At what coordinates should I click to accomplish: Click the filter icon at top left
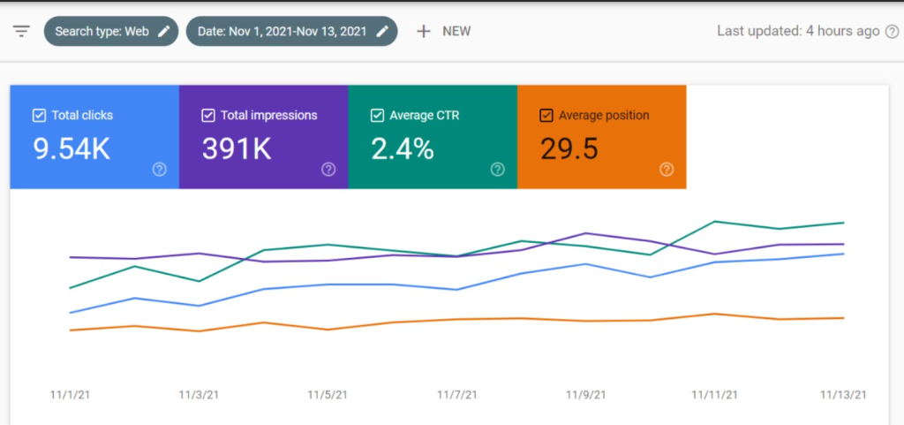coord(21,31)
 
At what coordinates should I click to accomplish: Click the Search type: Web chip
coord(109,31)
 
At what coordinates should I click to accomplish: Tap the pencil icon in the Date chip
coord(382,31)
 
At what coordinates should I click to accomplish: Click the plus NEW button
coord(443,31)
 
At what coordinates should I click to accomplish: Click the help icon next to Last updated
coord(893,32)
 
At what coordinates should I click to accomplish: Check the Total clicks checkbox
coord(39,115)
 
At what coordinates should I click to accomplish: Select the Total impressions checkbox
coord(208,115)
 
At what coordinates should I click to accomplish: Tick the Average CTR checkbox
coord(378,115)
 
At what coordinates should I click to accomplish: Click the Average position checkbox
coord(546,115)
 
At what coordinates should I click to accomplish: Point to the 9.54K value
coord(72,149)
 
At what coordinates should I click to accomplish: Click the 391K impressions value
coord(237,149)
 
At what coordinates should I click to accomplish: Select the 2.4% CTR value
coord(403,149)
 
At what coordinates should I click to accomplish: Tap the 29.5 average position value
coord(569,149)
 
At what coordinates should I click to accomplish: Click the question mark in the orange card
coord(667,170)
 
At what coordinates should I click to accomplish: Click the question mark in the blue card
coord(159,170)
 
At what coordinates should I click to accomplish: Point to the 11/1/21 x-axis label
coord(70,395)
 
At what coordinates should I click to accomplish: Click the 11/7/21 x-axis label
coord(456,395)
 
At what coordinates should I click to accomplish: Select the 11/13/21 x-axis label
coord(843,395)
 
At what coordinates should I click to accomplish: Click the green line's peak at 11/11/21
coord(714,221)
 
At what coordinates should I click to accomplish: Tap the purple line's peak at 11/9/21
coord(584,233)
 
